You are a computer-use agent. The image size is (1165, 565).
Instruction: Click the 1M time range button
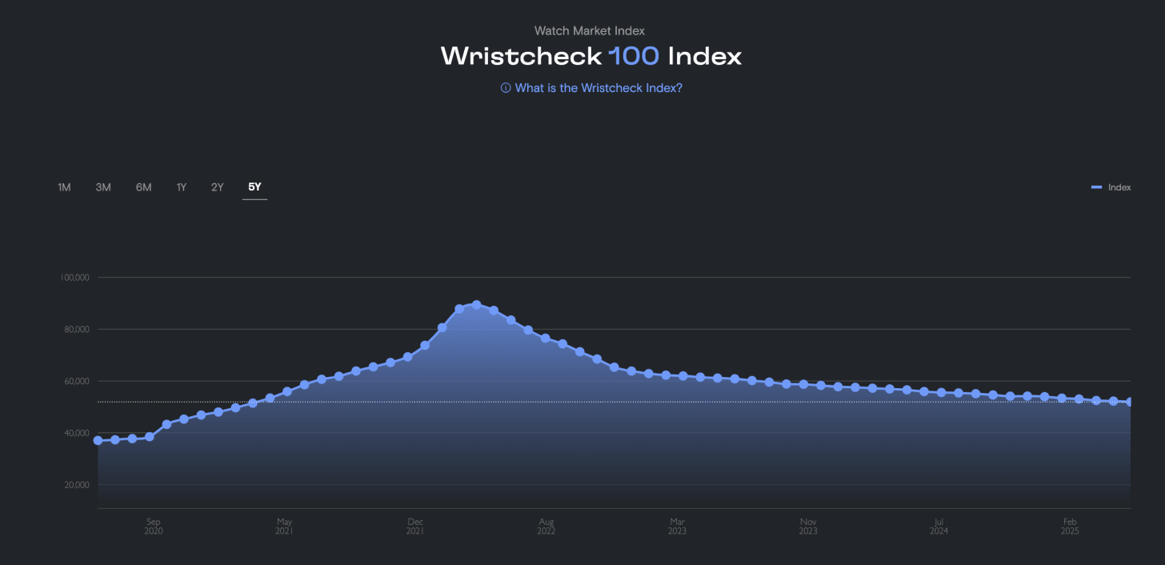pyautogui.click(x=64, y=187)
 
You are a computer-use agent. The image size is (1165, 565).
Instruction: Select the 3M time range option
pyautogui.click(x=103, y=187)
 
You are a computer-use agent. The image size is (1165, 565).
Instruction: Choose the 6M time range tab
pyautogui.click(x=143, y=187)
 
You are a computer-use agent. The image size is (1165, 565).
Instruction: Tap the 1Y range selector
pyautogui.click(x=182, y=187)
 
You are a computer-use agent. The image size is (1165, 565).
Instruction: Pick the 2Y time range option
pyautogui.click(x=218, y=187)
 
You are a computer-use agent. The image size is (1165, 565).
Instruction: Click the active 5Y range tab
pyautogui.click(x=254, y=187)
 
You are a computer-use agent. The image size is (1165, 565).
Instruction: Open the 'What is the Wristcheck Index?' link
pyautogui.click(x=591, y=88)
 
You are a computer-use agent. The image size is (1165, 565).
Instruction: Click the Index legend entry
pyautogui.click(x=1111, y=187)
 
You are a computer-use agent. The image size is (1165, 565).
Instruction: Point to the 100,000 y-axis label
pyautogui.click(x=74, y=278)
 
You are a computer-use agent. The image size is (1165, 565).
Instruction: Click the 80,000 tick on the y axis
pyautogui.click(x=75, y=330)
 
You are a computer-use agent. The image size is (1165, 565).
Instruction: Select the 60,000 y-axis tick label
pyautogui.click(x=75, y=381)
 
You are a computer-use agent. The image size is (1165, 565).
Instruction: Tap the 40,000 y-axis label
pyautogui.click(x=75, y=433)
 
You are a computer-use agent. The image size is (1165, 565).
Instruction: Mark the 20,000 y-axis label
pyautogui.click(x=75, y=485)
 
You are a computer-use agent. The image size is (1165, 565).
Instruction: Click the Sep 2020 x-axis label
pyautogui.click(x=154, y=527)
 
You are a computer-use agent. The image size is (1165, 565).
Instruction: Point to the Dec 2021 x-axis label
pyautogui.click(x=414, y=527)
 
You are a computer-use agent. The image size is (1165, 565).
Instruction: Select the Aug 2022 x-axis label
pyautogui.click(x=546, y=527)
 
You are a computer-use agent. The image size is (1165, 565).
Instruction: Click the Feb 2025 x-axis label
pyautogui.click(x=1070, y=527)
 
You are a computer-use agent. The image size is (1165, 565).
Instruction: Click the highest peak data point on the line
pyautogui.click(x=476, y=305)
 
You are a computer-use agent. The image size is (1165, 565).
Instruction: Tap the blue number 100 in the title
pyautogui.click(x=634, y=56)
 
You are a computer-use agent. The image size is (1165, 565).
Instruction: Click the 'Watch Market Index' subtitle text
pyautogui.click(x=590, y=30)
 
